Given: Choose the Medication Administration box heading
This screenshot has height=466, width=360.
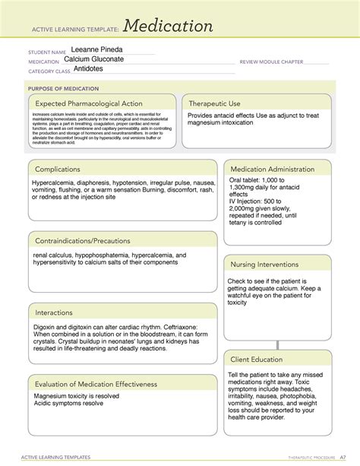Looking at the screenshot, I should coord(272,169).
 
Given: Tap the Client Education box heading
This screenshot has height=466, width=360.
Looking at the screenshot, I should coord(257,360).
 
